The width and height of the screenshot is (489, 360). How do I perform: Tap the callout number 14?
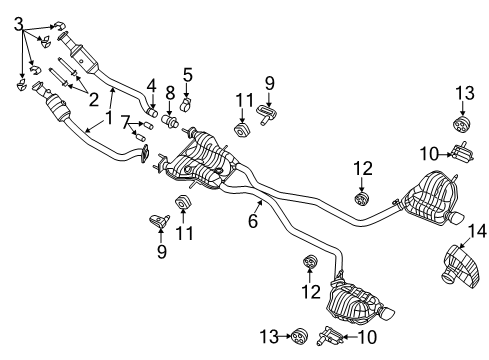point(477,232)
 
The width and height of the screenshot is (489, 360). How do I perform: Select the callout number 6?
point(253,221)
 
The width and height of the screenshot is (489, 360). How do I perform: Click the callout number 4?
point(152,85)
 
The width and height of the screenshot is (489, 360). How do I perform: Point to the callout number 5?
point(188,75)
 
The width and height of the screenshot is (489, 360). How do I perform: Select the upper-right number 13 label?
point(461,94)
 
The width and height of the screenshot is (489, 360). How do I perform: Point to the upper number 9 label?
point(269,84)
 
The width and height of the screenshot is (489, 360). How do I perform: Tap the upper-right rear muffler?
point(433,196)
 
